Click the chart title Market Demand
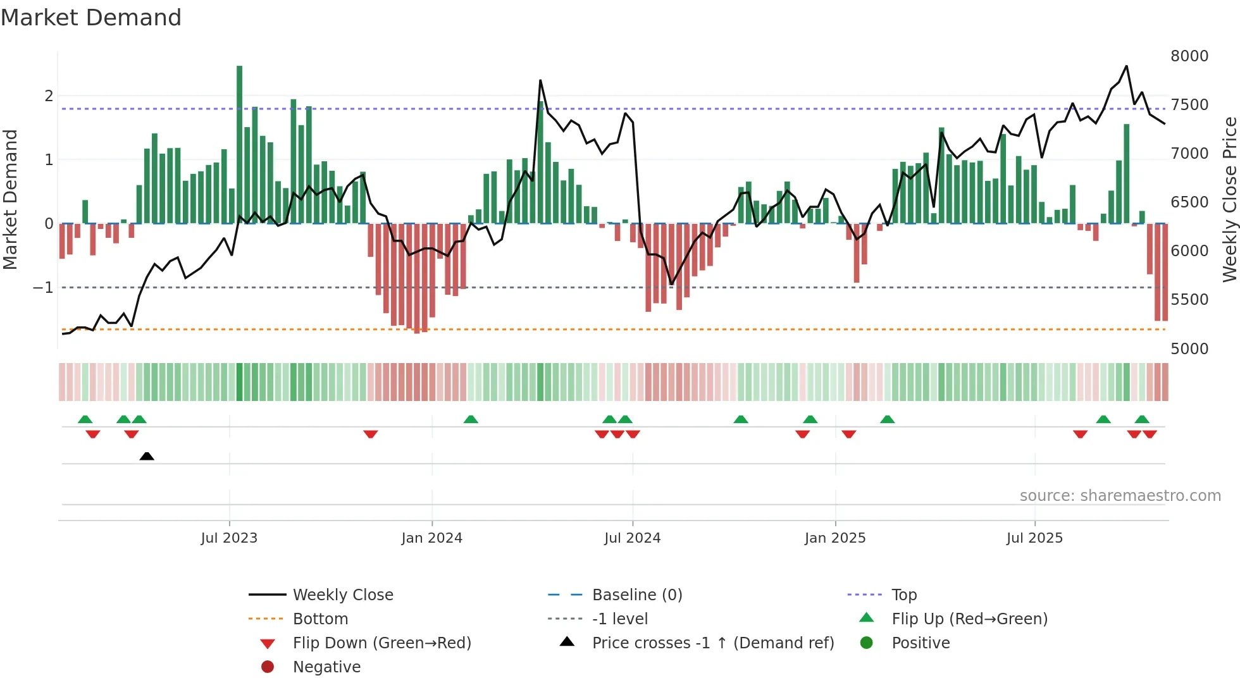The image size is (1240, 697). pyautogui.click(x=91, y=18)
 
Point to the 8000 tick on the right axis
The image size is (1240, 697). pyautogui.click(x=1189, y=56)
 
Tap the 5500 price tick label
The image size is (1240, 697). pyautogui.click(x=1189, y=300)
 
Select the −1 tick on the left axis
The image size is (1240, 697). pyautogui.click(x=44, y=288)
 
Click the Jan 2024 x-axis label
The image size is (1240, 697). pyautogui.click(x=431, y=538)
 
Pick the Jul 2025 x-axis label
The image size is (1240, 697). pyautogui.click(x=1034, y=538)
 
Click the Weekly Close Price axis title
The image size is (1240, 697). pyautogui.click(x=1229, y=199)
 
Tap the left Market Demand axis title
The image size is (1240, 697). pyautogui.click(x=11, y=199)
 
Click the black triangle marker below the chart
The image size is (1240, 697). pyautogui.click(x=147, y=456)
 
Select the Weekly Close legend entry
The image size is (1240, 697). pyautogui.click(x=342, y=595)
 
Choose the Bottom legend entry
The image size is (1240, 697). pyautogui.click(x=320, y=619)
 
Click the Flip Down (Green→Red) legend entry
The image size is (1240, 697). pyautogui.click(x=381, y=643)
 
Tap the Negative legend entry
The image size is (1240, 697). pyautogui.click(x=326, y=667)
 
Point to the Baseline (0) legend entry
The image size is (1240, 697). pyautogui.click(x=636, y=595)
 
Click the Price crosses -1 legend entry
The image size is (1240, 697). pyautogui.click(x=712, y=643)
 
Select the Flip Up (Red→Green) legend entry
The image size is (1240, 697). pyautogui.click(x=969, y=619)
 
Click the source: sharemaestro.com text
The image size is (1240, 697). pyautogui.click(x=1120, y=496)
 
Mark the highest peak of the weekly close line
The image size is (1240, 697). pyautogui.click(x=1126, y=66)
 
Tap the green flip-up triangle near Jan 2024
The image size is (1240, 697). pyautogui.click(x=471, y=419)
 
